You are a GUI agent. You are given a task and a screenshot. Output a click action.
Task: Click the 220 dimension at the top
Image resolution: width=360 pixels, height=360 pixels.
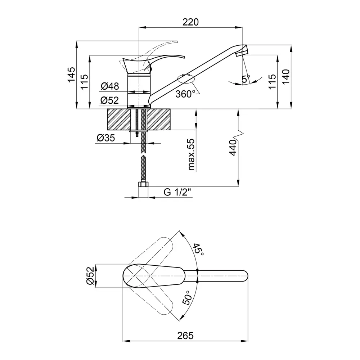[x=190, y=22]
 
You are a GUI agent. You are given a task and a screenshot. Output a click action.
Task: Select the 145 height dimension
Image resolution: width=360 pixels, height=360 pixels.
[x=71, y=75]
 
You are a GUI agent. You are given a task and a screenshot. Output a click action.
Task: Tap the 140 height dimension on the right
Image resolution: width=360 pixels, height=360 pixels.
[x=286, y=77]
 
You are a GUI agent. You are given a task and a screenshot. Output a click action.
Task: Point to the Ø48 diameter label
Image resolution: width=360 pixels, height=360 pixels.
[x=110, y=86]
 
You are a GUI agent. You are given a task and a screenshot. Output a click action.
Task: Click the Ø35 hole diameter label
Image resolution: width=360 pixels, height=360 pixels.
[x=106, y=138]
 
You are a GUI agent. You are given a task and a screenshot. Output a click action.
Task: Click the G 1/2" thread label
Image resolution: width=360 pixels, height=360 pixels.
[x=177, y=192]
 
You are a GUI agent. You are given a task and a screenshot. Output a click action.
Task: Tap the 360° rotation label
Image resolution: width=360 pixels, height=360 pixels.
[x=185, y=94]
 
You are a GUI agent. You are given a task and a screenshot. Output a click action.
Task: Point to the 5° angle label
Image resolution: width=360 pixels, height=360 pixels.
[x=246, y=79]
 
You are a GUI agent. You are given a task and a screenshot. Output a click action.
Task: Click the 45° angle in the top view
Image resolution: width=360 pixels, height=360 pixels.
[x=198, y=250]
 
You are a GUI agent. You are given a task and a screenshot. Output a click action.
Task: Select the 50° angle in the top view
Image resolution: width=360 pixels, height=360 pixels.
[x=187, y=298]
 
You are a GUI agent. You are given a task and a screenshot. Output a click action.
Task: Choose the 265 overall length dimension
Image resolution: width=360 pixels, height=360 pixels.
[x=185, y=336]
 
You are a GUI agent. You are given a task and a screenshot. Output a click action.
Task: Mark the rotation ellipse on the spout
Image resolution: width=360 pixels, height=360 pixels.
[x=186, y=78]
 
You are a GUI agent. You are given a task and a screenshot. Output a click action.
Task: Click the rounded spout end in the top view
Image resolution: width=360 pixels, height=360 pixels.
[x=245, y=275]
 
